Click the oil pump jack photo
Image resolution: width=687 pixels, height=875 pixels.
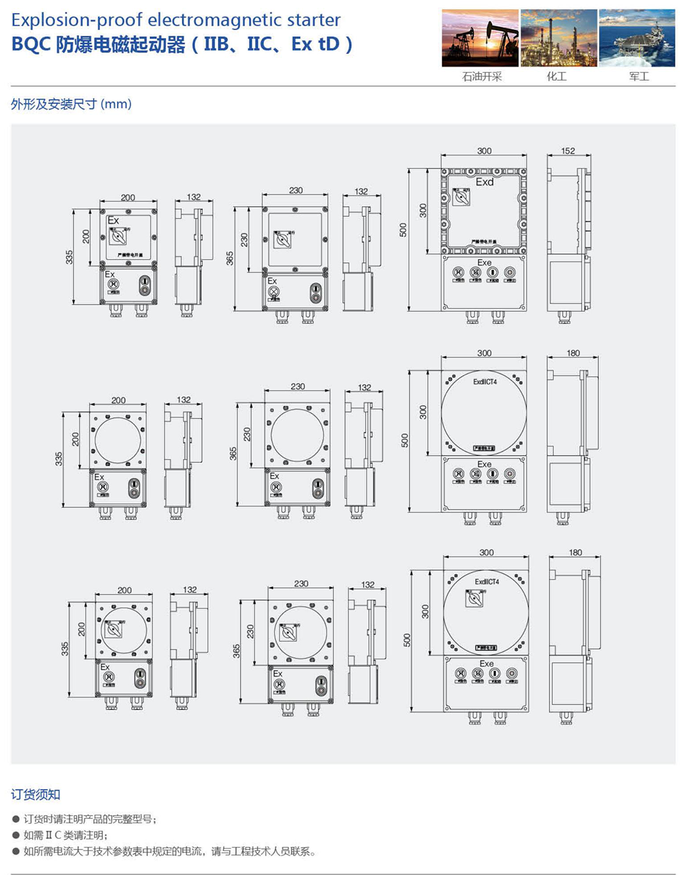tap(480, 37)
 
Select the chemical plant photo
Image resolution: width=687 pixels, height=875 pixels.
tap(558, 37)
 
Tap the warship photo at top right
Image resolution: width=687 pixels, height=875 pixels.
tap(637, 37)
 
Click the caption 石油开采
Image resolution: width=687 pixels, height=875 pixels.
tap(482, 77)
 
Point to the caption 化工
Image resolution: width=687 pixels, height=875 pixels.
tap(556, 77)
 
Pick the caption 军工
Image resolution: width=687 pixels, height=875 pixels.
tap(639, 77)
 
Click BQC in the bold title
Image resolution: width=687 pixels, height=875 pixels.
tap(31, 45)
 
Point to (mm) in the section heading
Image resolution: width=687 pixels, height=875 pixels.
tap(116, 104)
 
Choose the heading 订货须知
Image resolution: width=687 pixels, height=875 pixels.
tap(36, 794)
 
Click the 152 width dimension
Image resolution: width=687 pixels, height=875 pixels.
tap(568, 151)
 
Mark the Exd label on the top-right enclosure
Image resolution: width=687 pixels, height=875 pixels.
tap(485, 182)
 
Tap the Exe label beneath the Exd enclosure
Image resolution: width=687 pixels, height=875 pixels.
tap(485, 263)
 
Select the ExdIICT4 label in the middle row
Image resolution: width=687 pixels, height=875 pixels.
tap(485, 382)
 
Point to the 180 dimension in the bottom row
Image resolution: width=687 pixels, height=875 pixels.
tap(575, 552)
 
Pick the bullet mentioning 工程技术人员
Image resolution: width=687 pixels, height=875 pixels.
tap(169, 851)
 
